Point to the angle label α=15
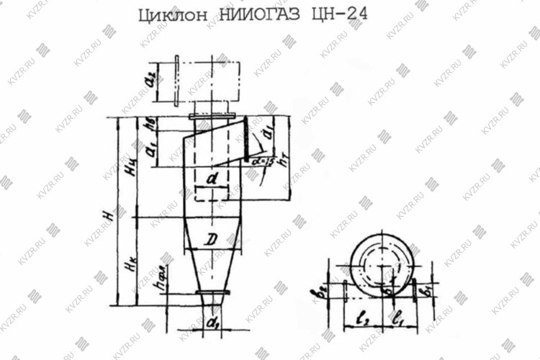pos(261,163)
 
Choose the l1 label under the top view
pos(400,315)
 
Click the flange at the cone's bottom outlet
pos(212,292)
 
